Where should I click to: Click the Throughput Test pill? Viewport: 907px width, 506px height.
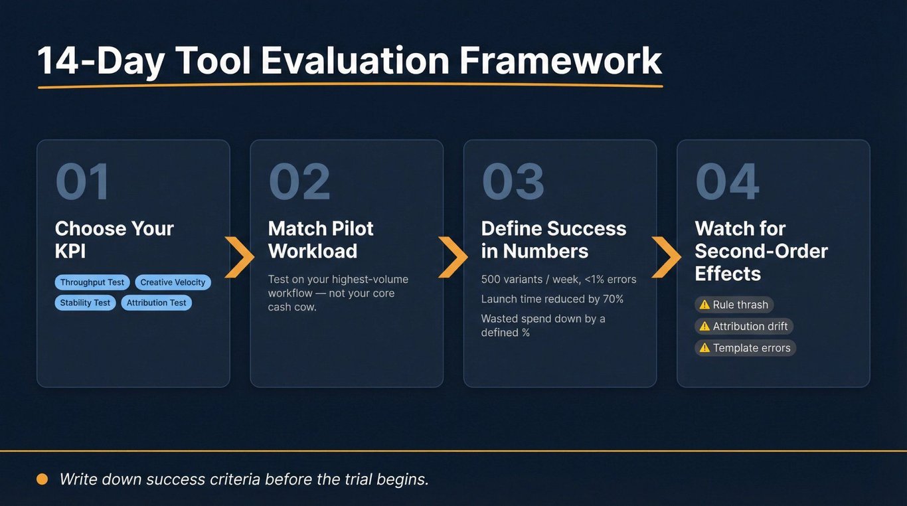pos(92,282)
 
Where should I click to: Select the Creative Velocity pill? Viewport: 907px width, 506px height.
pos(173,282)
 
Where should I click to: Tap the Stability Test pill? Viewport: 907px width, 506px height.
pos(85,302)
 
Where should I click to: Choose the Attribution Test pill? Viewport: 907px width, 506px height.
pos(156,302)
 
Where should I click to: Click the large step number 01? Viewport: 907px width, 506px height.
pos(82,181)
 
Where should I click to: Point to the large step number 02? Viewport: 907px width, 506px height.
pos(299,181)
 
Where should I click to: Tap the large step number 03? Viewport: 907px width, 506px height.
pos(513,181)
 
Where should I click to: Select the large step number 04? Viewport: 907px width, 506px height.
pos(727,181)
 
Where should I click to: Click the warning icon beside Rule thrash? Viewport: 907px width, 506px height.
pos(704,304)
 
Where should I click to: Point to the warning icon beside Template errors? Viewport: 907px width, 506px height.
pos(704,348)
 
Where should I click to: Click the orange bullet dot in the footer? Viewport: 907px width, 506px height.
pos(42,479)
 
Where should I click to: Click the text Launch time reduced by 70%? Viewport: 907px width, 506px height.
pos(552,299)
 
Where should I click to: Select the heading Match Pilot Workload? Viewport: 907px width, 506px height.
pos(321,240)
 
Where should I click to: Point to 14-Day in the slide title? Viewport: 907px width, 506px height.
pos(101,62)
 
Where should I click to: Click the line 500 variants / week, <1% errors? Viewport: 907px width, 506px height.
pos(559,280)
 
